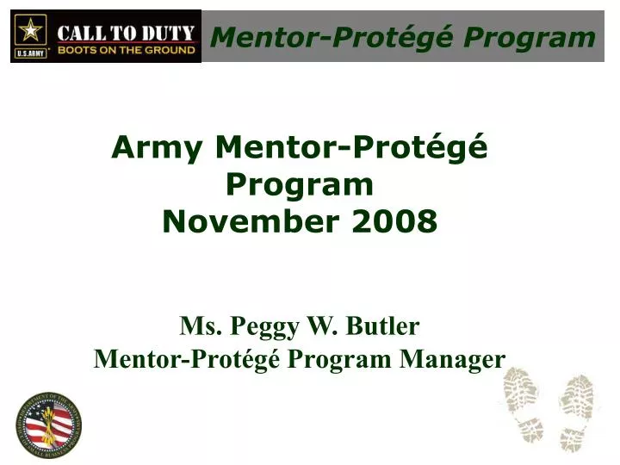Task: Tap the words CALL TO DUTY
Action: pyautogui.click(x=125, y=32)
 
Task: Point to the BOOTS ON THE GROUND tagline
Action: pyautogui.click(x=125, y=50)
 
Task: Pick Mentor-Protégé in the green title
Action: pyautogui.click(x=351, y=149)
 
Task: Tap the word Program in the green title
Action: pyautogui.click(x=300, y=185)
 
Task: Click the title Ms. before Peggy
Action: pyautogui.click(x=199, y=327)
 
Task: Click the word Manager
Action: pyautogui.click(x=452, y=358)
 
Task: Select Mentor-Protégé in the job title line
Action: pyautogui.click(x=187, y=358)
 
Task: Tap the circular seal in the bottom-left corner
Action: pyautogui.click(x=48, y=425)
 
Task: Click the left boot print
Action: pyautogui.click(x=524, y=405)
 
